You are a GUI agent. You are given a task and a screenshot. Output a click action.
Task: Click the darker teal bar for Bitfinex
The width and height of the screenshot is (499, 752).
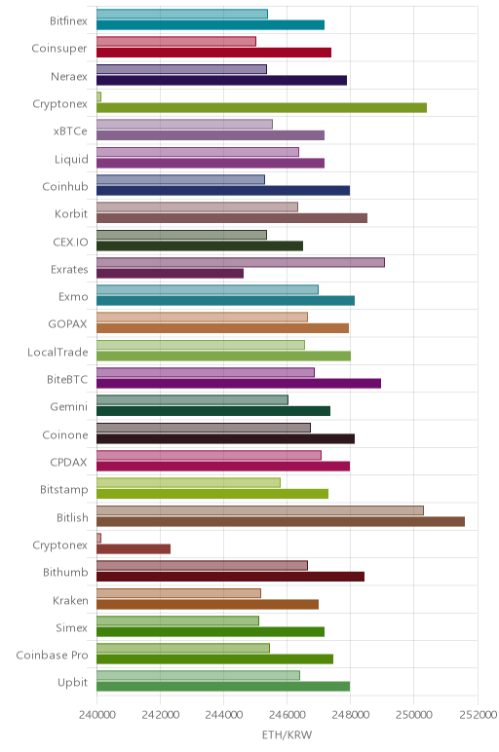211,25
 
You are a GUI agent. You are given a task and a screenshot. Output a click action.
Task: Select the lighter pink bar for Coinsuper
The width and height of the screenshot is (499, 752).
176,41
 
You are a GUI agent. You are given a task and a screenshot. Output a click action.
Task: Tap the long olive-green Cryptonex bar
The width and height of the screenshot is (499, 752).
261,108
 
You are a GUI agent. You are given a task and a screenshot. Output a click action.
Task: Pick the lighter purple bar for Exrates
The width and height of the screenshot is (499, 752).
241,262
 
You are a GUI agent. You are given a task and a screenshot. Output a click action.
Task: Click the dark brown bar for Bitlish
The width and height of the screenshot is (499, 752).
281,521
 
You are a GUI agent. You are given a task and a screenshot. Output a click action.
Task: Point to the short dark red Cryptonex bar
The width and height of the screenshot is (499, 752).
134,549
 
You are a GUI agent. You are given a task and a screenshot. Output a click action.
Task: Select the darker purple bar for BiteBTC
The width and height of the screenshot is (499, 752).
239,383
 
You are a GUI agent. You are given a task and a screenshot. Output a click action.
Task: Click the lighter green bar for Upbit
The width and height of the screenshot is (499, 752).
198,675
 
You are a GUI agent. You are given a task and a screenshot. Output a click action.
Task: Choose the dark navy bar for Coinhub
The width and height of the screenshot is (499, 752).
223,190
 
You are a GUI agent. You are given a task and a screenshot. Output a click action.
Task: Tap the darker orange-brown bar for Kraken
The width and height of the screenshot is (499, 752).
208,604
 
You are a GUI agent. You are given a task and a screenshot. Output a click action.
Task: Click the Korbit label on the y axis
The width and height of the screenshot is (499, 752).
71,213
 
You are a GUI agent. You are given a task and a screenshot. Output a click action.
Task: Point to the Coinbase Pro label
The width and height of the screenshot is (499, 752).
52,656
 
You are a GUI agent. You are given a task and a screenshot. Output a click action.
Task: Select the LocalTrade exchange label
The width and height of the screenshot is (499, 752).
58,352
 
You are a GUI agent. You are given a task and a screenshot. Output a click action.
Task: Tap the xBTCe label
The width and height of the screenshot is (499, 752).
70,131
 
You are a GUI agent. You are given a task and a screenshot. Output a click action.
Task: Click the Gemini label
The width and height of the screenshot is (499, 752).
69,407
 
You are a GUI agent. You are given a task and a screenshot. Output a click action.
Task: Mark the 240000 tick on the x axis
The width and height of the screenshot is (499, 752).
96,715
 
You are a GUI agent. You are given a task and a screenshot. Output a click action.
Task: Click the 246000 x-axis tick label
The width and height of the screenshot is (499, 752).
287,715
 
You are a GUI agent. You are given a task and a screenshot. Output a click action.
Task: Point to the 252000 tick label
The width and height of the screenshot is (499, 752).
477,715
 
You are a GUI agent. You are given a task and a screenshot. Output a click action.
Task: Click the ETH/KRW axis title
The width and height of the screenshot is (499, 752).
287,734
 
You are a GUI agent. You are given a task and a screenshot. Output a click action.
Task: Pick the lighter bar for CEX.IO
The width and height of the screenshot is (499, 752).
181,235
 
